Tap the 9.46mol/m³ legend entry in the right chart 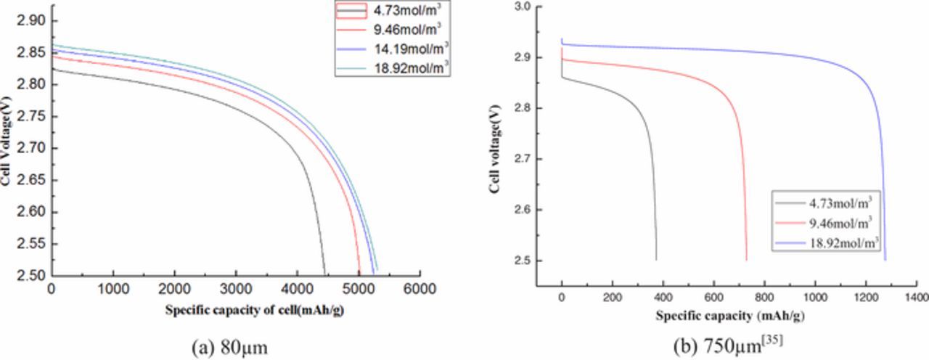[838, 221]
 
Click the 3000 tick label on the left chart [236, 289]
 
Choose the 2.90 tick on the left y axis [34, 21]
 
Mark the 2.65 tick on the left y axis [34, 180]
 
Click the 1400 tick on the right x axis [917, 298]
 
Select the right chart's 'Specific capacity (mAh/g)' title [731, 316]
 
